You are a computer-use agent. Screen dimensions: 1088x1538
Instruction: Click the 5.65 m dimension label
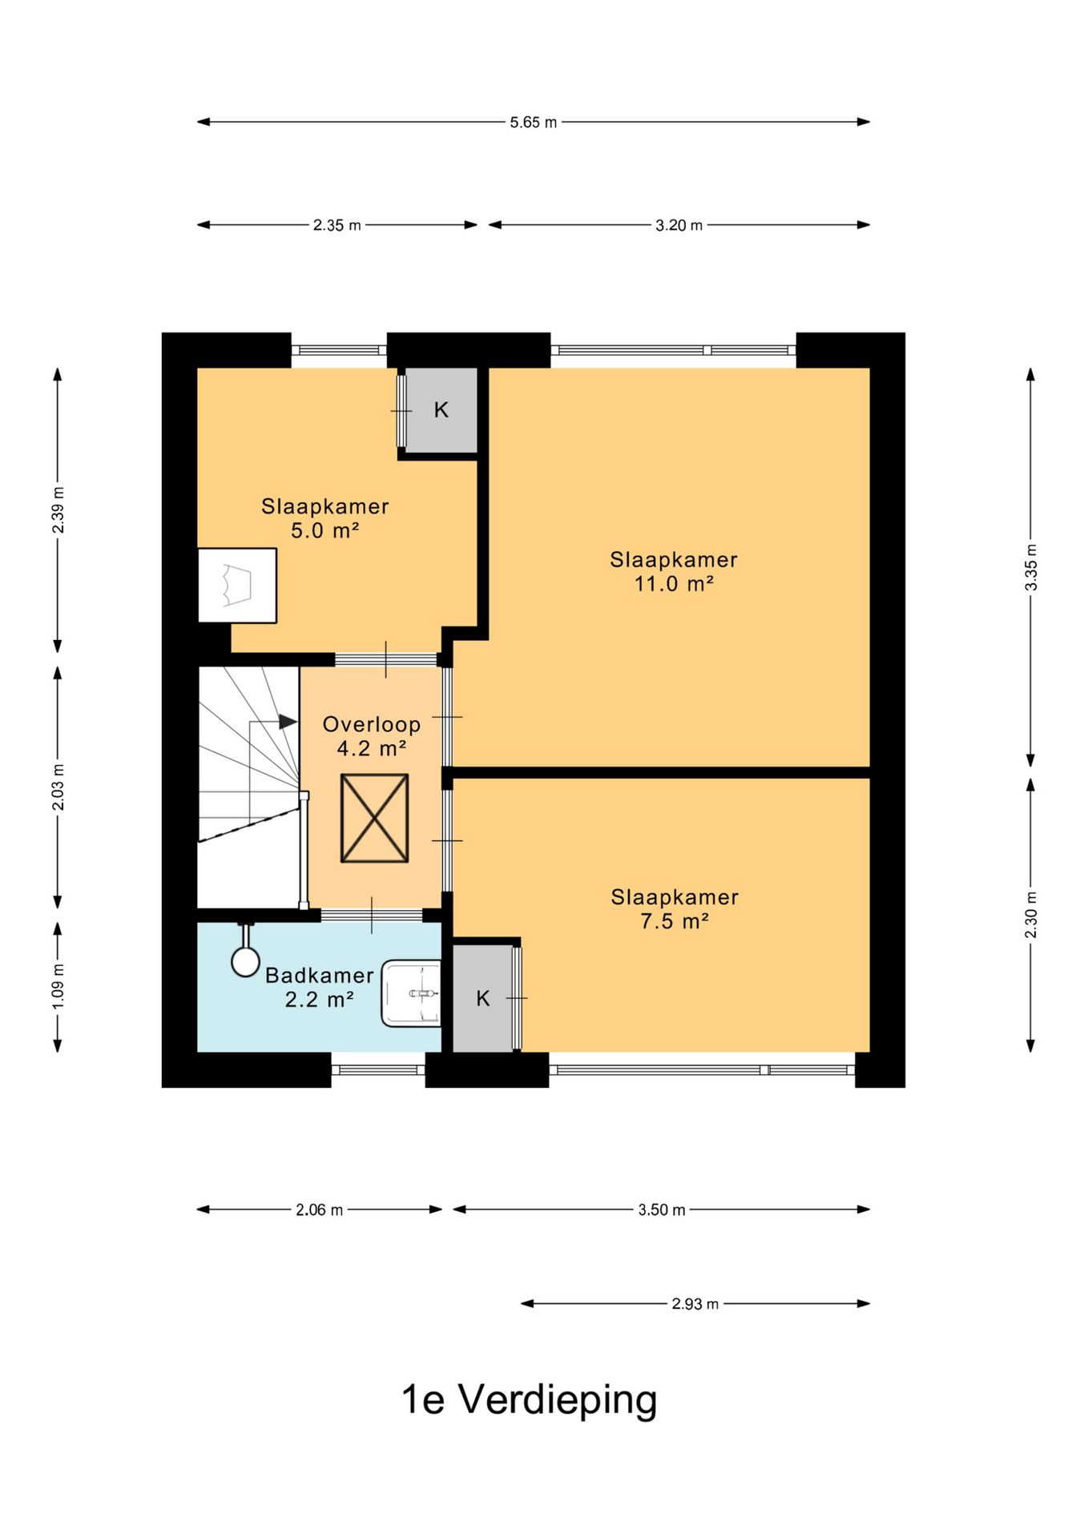tap(534, 123)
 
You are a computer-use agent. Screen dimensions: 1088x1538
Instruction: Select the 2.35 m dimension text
tap(337, 225)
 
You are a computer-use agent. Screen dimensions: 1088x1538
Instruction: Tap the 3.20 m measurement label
tap(679, 225)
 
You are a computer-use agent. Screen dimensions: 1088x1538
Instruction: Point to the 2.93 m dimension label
tap(695, 1303)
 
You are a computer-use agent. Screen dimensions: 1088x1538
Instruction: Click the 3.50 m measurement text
tap(662, 1210)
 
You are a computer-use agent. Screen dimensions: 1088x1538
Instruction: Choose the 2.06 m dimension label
tap(319, 1210)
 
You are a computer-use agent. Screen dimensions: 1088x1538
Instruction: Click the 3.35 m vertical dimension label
tap(1031, 567)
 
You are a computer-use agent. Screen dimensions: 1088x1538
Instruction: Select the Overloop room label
tap(372, 724)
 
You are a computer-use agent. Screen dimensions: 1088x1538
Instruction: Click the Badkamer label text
tap(320, 975)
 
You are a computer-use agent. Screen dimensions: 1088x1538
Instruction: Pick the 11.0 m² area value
tap(674, 583)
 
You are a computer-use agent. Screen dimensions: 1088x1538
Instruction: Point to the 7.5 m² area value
tap(675, 921)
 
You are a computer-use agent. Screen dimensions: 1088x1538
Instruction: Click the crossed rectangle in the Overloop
tap(374, 818)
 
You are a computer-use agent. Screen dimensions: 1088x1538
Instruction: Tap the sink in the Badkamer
tap(411, 993)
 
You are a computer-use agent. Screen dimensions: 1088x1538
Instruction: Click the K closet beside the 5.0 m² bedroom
tap(441, 410)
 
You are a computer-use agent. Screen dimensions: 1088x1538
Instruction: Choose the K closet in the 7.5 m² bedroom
tap(483, 998)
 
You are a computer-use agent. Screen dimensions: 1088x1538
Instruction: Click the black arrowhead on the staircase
tap(288, 722)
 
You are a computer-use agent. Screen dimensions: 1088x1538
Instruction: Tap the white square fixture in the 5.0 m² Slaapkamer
tap(237, 586)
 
